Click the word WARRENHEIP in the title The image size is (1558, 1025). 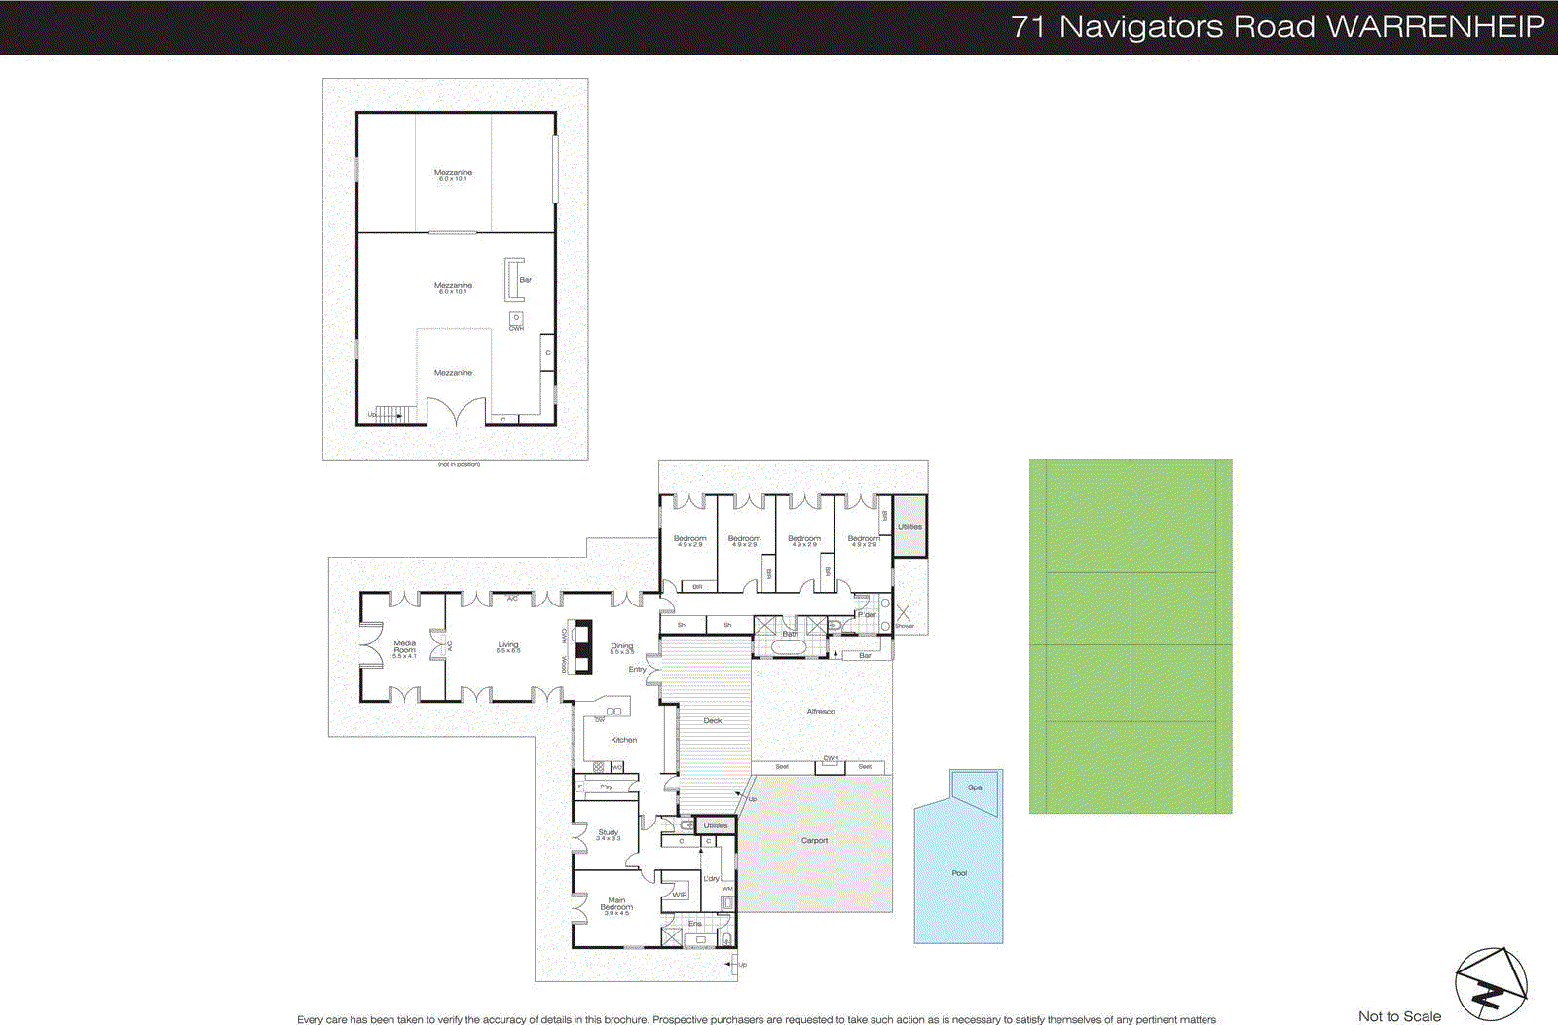tap(1435, 26)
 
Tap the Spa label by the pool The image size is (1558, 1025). tap(975, 787)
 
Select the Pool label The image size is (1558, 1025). tap(959, 873)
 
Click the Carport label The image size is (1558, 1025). tap(814, 840)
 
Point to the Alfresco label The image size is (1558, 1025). tap(821, 712)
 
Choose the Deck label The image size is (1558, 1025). tap(713, 721)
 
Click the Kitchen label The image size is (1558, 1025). tap(623, 740)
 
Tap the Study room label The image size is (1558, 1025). tap(608, 833)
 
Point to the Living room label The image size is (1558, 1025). tap(508, 645)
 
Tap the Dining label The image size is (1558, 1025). tap(621, 646)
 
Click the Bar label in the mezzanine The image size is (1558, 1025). tap(526, 280)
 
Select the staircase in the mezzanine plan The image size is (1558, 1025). tap(389, 415)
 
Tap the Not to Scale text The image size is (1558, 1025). tap(1399, 1016)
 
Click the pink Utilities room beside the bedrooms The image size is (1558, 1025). tap(909, 527)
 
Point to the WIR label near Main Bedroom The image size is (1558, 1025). tap(680, 895)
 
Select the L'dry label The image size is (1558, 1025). tap(712, 878)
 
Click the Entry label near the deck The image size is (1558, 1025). tap(637, 670)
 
